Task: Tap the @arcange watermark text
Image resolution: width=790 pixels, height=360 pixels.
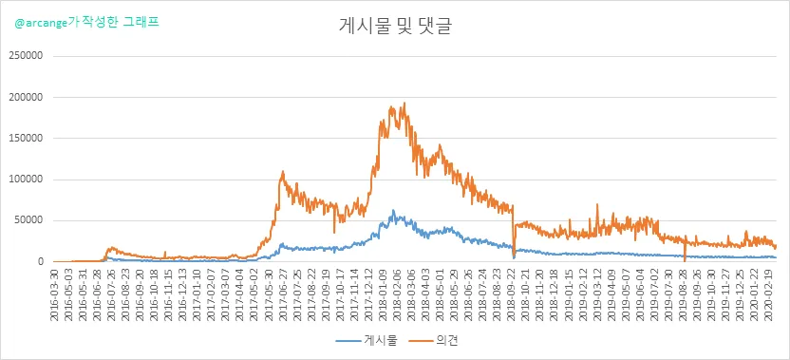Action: click(86, 23)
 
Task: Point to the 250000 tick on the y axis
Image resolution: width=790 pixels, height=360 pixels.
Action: click(26, 56)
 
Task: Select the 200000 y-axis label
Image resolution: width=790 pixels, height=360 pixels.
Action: click(26, 97)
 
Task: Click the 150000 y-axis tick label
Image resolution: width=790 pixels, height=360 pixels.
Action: click(26, 139)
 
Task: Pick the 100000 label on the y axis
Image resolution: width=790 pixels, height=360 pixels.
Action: click(26, 180)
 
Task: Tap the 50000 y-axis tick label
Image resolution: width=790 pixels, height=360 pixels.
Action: click(28, 220)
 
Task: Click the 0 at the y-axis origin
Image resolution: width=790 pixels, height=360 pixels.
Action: click(38, 262)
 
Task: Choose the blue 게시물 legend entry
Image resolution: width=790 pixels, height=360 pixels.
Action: click(367, 341)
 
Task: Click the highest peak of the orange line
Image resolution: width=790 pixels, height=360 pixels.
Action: click(404, 103)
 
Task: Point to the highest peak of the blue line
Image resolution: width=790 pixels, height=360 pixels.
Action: click(393, 210)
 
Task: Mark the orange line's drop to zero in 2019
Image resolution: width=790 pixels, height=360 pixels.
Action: click(685, 261)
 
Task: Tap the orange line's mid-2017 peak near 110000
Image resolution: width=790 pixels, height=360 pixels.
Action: click(283, 171)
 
